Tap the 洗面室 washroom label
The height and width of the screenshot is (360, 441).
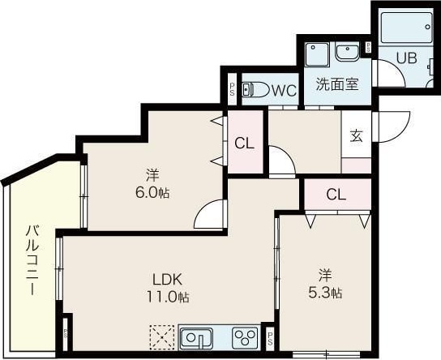(x=337, y=84)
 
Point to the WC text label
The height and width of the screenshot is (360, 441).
(x=284, y=90)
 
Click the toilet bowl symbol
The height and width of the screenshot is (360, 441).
(x=255, y=90)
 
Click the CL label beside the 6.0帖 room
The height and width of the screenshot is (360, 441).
(x=245, y=144)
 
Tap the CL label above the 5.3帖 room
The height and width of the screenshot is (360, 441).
(x=336, y=194)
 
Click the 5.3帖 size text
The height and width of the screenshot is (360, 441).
(x=324, y=292)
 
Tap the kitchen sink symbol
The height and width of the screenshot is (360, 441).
(x=196, y=336)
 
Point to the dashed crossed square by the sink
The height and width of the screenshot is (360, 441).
(x=162, y=336)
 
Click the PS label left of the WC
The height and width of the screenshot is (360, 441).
(x=233, y=90)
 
